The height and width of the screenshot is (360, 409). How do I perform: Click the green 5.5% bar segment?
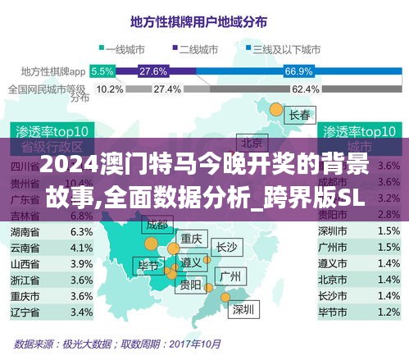[x=103, y=71]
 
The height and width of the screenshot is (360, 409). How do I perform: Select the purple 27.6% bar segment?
[x=154, y=71]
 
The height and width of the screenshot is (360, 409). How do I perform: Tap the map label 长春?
[x=299, y=116]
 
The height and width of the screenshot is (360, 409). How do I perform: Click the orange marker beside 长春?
[x=277, y=109]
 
